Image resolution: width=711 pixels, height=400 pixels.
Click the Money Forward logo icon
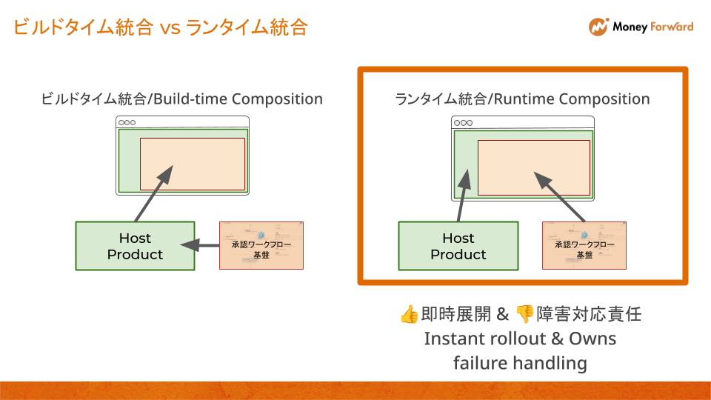(x=598, y=27)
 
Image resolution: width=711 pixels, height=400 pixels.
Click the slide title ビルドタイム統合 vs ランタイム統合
(x=160, y=28)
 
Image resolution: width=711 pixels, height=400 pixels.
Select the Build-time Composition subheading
(x=182, y=99)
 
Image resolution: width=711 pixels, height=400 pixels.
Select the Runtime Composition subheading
(x=522, y=99)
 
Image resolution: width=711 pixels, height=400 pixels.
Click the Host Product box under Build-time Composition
(x=135, y=246)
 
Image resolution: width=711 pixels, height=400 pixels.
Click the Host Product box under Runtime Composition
(x=458, y=246)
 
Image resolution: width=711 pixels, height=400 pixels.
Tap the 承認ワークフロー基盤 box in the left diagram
(x=261, y=245)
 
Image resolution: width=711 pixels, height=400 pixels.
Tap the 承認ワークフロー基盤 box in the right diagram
(x=584, y=245)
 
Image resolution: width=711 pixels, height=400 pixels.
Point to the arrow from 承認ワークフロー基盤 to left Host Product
(x=200, y=245)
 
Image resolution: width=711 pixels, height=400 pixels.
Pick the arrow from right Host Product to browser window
(x=463, y=196)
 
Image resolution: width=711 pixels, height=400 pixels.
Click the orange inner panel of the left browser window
(x=193, y=164)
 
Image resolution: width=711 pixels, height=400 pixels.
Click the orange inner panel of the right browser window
(x=533, y=167)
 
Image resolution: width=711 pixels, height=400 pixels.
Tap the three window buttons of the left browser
(x=127, y=122)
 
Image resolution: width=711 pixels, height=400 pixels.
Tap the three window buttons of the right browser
(x=463, y=122)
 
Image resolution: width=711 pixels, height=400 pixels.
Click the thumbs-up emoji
(x=409, y=314)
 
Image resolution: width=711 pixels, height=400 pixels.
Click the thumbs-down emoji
(x=524, y=314)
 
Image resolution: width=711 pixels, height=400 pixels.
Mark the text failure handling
(x=520, y=363)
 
